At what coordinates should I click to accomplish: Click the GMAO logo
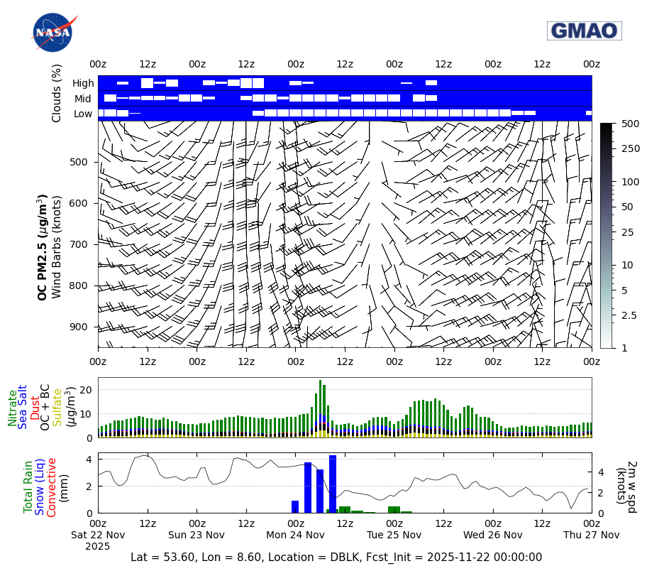[584, 31]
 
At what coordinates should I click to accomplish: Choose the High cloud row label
[82, 83]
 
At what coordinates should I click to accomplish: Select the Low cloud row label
[83, 114]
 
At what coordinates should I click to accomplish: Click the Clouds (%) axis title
[57, 92]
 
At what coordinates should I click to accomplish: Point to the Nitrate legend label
[12, 407]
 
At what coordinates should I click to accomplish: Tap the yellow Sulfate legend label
[57, 407]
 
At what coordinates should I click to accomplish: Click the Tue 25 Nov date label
[394, 534]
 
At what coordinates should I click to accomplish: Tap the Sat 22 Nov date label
[98, 534]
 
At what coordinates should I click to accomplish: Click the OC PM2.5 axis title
[43, 246]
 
